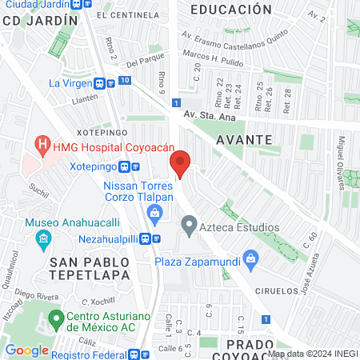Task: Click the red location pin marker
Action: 181,163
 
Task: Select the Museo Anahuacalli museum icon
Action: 42,238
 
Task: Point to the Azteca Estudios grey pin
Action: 189,227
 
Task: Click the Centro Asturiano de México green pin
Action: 56,320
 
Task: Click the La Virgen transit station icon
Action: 102,82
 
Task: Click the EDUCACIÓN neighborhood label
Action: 232,10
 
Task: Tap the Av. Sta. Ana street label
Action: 210,115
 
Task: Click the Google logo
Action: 27,350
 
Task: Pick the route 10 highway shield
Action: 125,80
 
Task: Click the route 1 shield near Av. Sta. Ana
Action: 175,102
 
